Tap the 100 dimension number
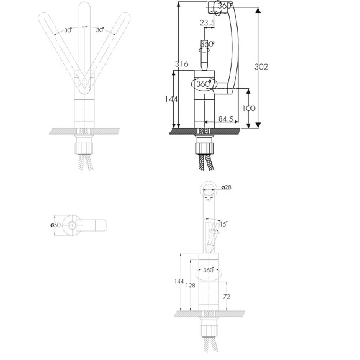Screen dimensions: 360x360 pos(249,109)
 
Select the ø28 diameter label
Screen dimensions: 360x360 pos(226,187)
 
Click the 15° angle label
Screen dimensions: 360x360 pos(223,224)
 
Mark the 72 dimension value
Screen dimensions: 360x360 pos(227,297)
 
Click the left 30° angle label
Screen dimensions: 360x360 pos(68,30)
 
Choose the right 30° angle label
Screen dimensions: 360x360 pos(99,30)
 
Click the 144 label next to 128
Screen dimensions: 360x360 pos(179,281)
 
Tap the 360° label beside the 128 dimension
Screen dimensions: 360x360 pos(208,270)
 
